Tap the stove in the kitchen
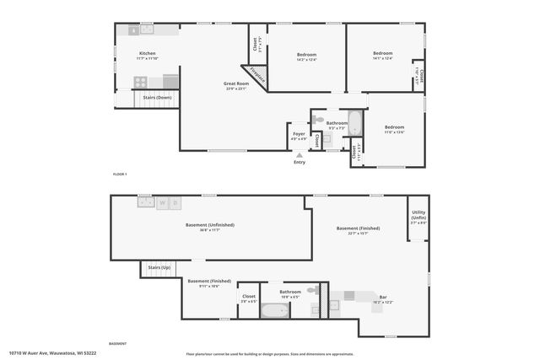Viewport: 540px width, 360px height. tap(141, 82)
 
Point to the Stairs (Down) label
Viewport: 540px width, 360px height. tap(158, 97)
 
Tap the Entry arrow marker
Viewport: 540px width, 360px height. tap(299, 155)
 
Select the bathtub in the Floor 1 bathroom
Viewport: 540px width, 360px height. tap(354, 124)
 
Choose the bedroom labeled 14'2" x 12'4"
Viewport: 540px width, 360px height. tap(306, 56)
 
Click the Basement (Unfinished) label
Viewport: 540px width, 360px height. tap(209, 227)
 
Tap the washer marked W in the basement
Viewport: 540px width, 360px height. tap(162, 202)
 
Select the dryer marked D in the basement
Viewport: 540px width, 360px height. tap(175, 202)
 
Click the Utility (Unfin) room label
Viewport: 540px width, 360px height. tap(418, 218)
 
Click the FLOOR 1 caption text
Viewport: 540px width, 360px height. tap(119, 174)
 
